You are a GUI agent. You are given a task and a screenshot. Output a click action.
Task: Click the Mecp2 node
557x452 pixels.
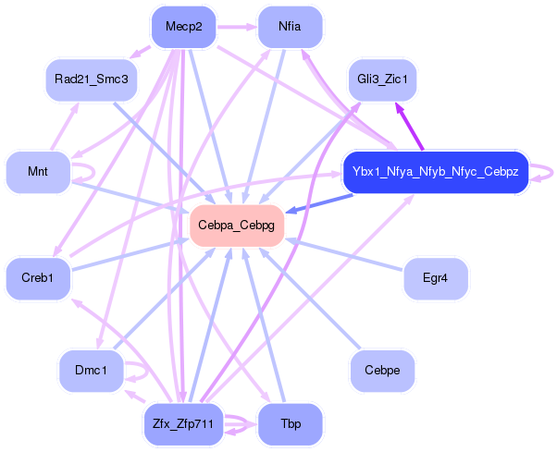(x=183, y=27)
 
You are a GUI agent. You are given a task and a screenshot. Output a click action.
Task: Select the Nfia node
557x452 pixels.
(x=290, y=27)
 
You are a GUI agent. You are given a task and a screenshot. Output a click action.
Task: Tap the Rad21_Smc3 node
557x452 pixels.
(x=92, y=79)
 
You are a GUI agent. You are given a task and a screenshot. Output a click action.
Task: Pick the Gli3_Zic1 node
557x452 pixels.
(x=382, y=79)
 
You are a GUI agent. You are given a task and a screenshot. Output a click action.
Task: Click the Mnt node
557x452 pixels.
(x=38, y=172)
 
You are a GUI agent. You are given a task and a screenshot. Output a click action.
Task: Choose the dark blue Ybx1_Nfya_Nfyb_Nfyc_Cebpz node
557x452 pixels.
(x=436, y=172)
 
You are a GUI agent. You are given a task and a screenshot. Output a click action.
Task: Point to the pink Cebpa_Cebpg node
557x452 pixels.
(x=237, y=226)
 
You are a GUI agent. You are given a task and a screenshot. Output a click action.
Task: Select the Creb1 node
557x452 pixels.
(x=38, y=278)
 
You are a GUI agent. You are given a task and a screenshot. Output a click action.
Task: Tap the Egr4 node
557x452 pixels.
(x=436, y=278)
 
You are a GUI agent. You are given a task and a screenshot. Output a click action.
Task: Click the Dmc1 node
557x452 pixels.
(x=92, y=371)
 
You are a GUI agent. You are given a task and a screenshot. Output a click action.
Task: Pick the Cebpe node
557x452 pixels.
(x=382, y=371)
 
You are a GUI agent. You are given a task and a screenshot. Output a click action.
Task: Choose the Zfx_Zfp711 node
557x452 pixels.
(x=183, y=424)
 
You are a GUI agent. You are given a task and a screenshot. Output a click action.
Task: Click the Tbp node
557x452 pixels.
(x=290, y=424)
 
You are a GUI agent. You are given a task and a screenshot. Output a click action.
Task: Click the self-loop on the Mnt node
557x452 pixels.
(x=94, y=172)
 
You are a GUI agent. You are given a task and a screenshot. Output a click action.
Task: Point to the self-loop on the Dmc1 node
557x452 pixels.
(x=147, y=372)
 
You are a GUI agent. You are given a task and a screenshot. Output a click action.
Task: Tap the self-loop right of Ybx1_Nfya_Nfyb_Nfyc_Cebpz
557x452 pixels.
(x=552, y=173)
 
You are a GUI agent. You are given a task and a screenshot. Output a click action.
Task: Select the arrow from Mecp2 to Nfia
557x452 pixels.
(x=237, y=27)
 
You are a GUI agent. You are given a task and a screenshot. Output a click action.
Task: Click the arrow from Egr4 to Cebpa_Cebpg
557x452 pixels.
(x=344, y=254)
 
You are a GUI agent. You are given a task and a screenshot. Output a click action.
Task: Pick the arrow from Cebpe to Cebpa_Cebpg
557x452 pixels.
(x=309, y=298)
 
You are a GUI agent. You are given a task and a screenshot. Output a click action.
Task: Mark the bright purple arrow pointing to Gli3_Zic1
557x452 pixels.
(x=409, y=127)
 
